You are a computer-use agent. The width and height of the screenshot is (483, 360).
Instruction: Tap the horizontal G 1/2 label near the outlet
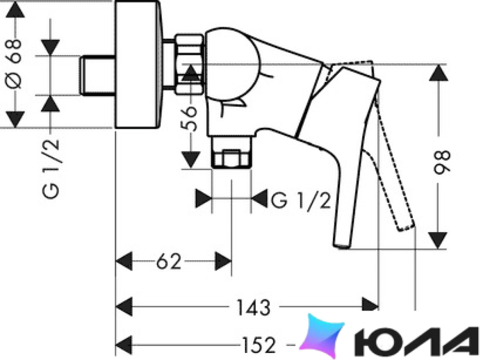point(301,201)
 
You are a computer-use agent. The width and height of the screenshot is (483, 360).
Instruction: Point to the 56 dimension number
point(188,119)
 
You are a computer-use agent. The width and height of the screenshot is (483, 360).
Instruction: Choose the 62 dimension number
point(169,262)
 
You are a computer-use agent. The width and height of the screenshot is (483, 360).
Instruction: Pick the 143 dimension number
point(253,307)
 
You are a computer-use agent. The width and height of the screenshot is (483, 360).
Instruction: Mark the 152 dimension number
point(259,345)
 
